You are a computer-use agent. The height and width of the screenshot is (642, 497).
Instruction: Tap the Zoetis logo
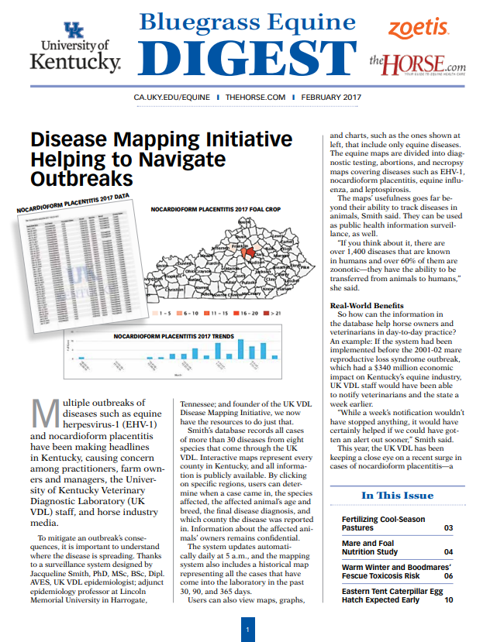click(418, 29)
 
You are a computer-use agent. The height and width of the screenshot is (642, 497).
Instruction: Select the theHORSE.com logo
click(416, 63)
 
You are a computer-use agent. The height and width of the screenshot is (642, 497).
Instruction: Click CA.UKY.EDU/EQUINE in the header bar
click(172, 98)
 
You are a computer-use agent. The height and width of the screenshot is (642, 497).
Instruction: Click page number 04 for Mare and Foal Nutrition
click(448, 552)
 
